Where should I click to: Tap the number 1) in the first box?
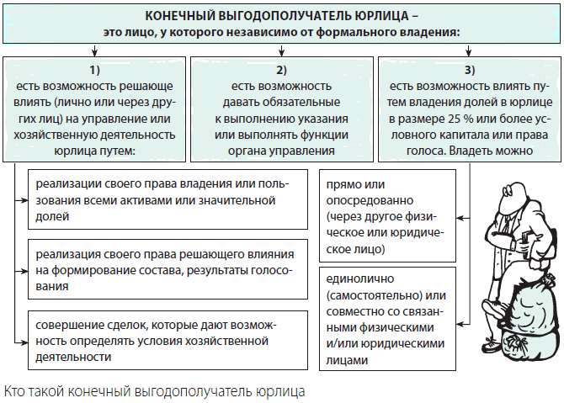[94, 70]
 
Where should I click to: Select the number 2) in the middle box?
[282, 70]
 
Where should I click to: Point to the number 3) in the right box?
[470, 70]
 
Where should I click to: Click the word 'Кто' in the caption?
[15, 391]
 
